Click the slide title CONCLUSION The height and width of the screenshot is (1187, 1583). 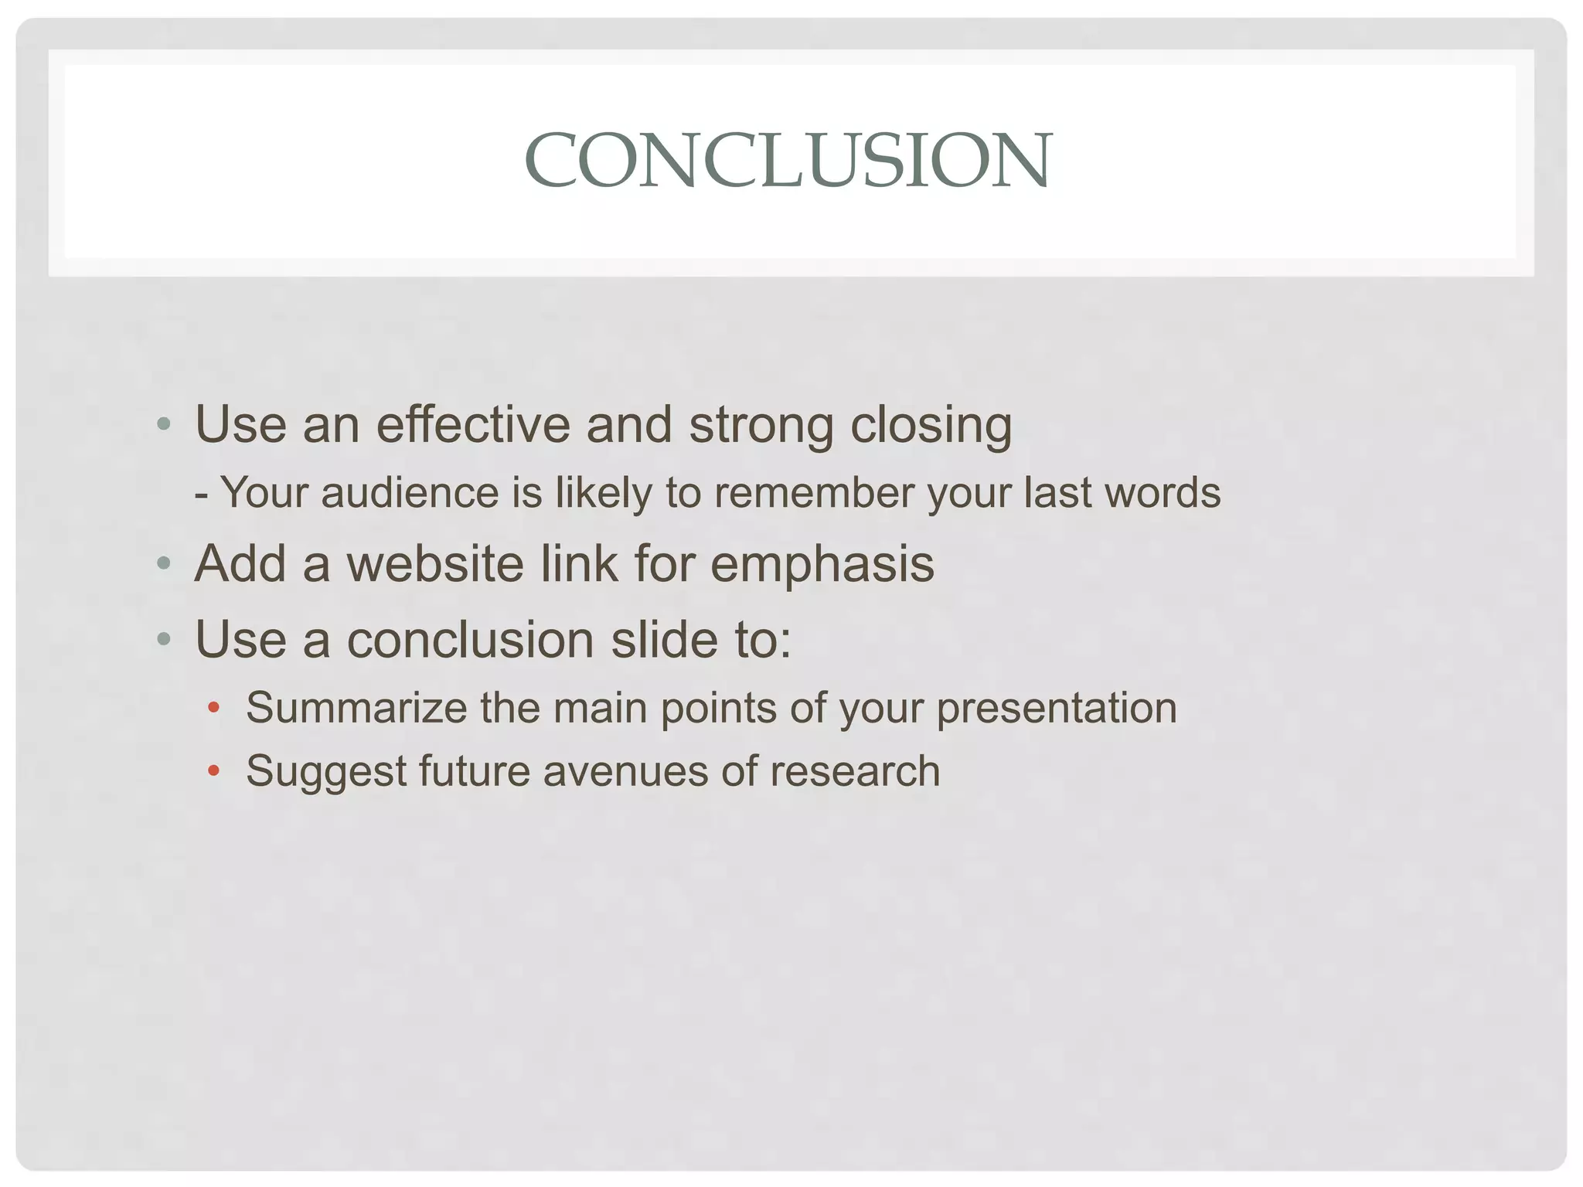[x=788, y=160]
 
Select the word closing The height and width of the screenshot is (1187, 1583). [x=931, y=426]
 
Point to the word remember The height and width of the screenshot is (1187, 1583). [x=814, y=492]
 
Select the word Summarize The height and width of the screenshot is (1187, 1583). [x=356, y=707]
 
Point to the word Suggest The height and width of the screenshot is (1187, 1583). [x=325, y=772]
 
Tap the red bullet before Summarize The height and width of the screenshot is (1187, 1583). [x=214, y=707]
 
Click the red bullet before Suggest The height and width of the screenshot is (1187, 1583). [x=214, y=770]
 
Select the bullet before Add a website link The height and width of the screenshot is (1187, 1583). [x=163, y=563]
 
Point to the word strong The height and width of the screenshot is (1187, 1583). [x=761, y=426]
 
